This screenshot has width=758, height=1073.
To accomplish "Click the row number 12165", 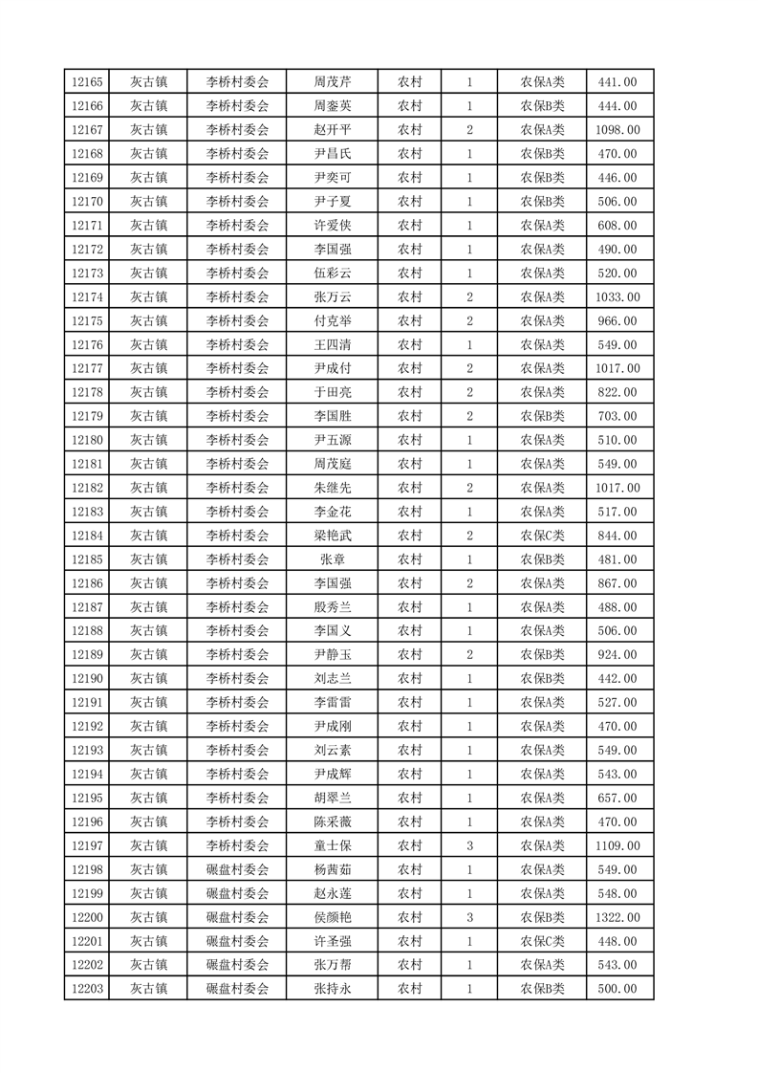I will [x=87, y=82].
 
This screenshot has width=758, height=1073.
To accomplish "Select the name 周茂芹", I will [x=332, y=82].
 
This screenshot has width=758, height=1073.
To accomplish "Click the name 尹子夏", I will [x=332, y=202].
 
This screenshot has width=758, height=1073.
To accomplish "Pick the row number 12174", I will [x=87, y=297].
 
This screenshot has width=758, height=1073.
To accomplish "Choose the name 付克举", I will [x=332, y=321].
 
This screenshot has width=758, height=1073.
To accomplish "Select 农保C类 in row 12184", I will [x=542, y=536].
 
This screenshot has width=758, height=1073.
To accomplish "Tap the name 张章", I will [x=332, y=559].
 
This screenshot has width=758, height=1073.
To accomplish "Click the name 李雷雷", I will [x=332, y=703].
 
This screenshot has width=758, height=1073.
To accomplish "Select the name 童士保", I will [x=332, y=846].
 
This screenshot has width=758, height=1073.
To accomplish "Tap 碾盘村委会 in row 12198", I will [x=238, y=870].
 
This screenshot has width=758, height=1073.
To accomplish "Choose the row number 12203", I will [x=87, y=990].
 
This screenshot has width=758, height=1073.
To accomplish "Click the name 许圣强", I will [x=332, y=942].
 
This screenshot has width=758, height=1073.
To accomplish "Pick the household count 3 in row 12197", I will [x=470, y=846].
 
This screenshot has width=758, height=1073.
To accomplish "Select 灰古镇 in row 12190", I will [x=149, y=679].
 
